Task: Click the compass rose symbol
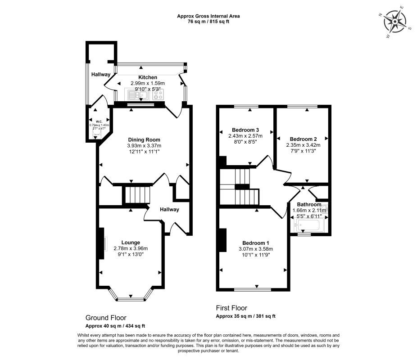395,21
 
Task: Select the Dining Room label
144,139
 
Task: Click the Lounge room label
131,242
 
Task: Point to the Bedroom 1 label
256,243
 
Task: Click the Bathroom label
309,204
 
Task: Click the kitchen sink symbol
134,95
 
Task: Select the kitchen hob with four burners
159,95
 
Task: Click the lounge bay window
131,297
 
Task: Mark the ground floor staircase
137,196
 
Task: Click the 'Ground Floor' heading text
106,317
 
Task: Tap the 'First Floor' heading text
231,308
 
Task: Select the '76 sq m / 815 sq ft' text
208,22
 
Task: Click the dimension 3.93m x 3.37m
144,146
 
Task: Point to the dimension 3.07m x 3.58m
256,249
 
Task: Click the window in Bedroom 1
252,289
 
